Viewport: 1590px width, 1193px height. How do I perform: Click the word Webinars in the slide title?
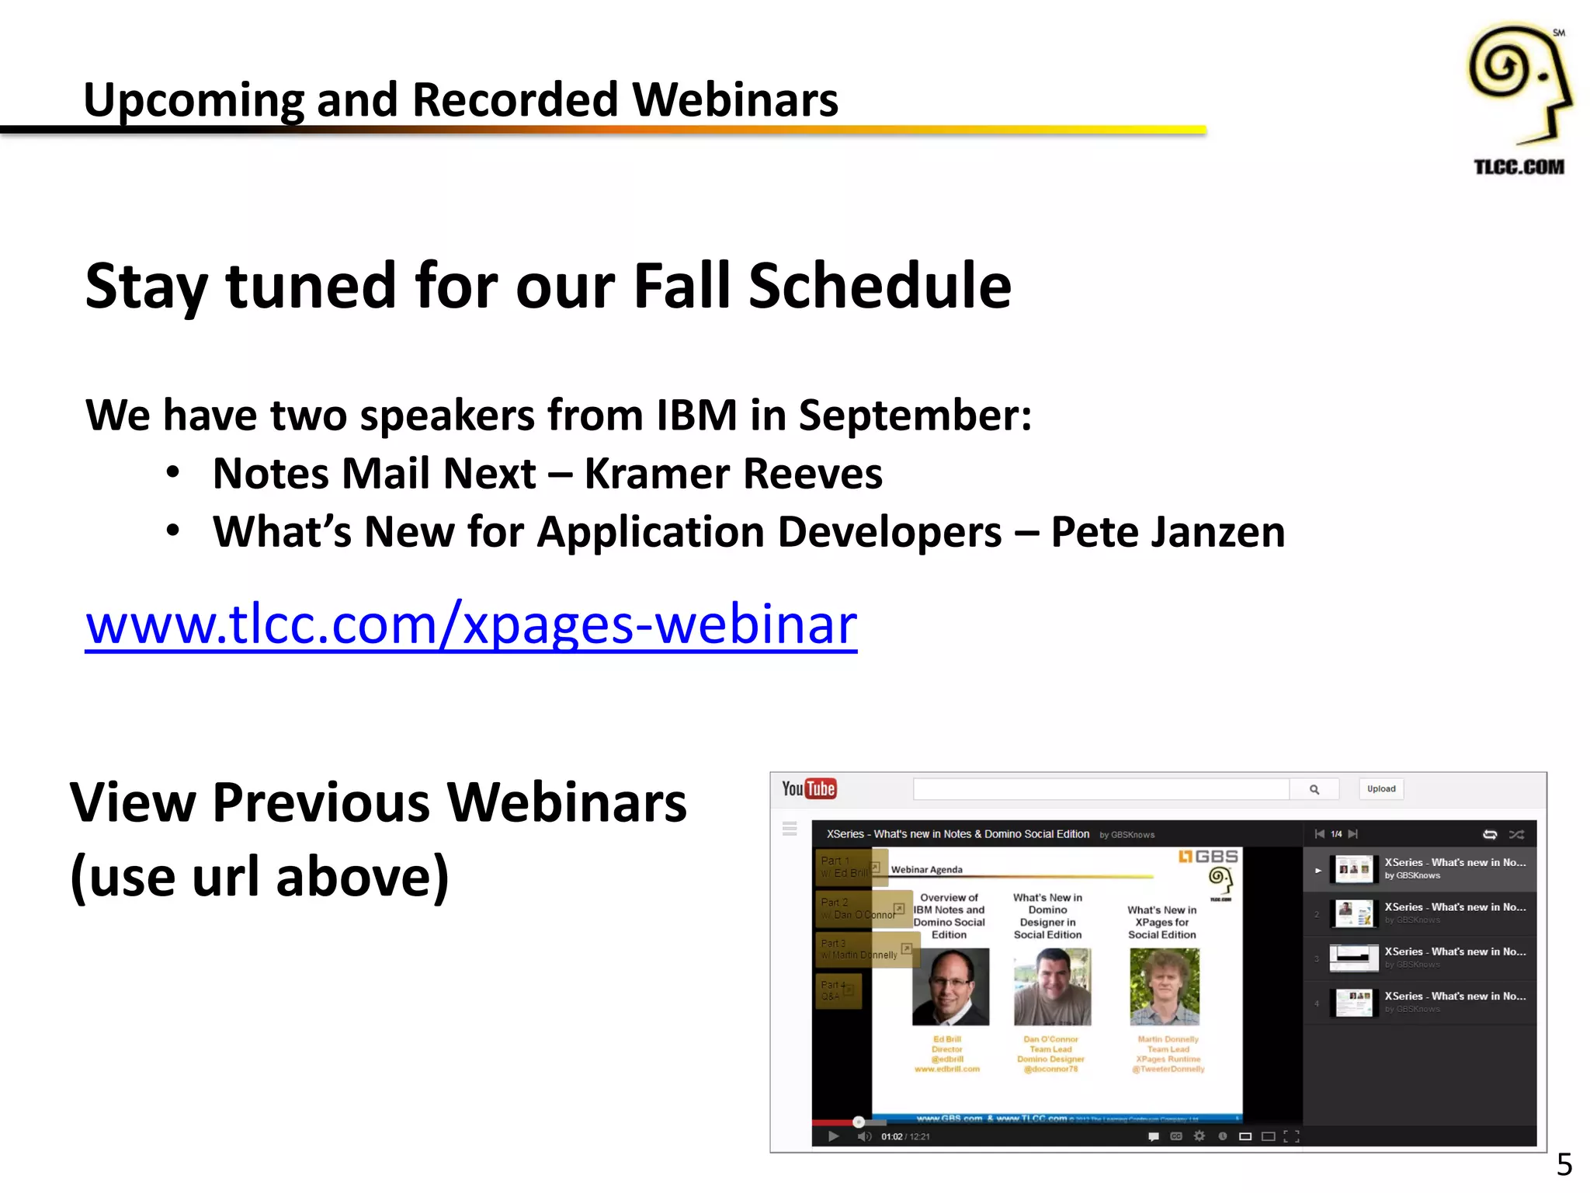[x=734, y=100]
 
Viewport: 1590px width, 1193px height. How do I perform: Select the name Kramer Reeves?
[x=733, y=474]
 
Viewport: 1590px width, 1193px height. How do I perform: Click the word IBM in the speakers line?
[x=696, y=415]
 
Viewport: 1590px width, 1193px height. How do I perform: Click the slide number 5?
[x=1564, y=1164]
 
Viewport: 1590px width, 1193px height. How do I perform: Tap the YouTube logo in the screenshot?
[x=808, y=789]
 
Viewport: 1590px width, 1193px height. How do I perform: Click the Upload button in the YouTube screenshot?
[x=1380, y=789]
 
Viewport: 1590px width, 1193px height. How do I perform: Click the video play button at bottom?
[x=833, y=1136]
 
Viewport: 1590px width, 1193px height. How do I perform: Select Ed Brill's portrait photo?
[x=950, y=986]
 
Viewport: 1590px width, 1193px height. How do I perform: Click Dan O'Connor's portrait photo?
[x=1052, y=986]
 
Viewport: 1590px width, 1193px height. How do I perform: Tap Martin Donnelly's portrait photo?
[x=1164, y=986]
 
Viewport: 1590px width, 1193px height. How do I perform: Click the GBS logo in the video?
[x=1208, y=857]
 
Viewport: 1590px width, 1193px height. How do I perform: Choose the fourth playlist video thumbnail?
[x=1353, y=1002]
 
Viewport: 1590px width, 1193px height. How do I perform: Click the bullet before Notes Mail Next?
[x=173, y=473]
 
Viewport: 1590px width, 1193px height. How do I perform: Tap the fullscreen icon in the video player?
[x=1291, y=1136]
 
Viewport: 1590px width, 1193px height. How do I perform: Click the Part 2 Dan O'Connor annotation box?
[x=863, y=909]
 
